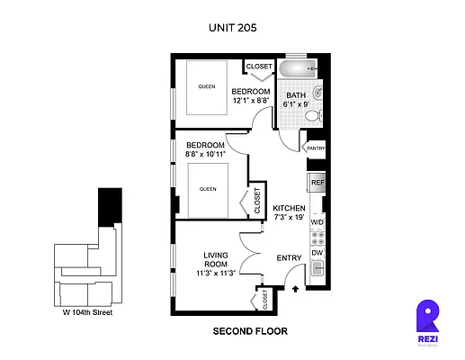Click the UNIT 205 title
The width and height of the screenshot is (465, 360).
(232, 28)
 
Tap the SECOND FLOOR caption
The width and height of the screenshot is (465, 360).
(250, 331)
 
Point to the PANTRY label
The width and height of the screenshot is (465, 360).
(316, 148)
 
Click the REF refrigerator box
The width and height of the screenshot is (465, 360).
(317, 183)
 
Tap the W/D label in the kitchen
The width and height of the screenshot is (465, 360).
(317, 221)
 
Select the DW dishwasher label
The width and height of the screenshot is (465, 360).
(317, 253)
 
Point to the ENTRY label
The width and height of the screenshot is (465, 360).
(289, 259)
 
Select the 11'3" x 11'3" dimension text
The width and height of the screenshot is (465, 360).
(216, 274)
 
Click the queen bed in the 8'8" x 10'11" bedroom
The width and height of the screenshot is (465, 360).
(209, 190)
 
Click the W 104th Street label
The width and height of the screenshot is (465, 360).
(87, 313)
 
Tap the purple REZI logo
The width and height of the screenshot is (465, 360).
(428, 319)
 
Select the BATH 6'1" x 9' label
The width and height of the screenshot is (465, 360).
(296, 100)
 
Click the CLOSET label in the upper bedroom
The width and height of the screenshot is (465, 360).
(259, 67)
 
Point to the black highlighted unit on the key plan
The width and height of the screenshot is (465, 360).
(110, 207)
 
